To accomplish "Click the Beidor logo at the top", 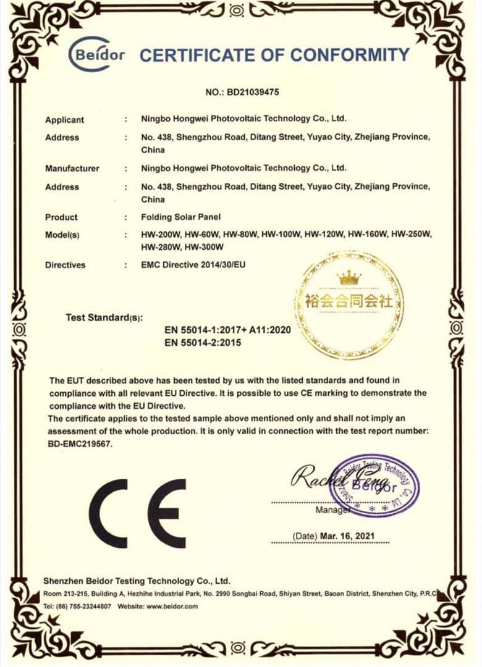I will [96, 55].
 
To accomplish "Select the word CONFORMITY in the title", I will [350, 55].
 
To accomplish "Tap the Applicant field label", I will [64, 120].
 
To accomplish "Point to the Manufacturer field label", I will [72, 168].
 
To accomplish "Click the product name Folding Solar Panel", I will [181, 217].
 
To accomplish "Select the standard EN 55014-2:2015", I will [203, 342].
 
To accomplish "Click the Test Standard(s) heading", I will [104, 318].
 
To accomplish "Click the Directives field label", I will [65, 265].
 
